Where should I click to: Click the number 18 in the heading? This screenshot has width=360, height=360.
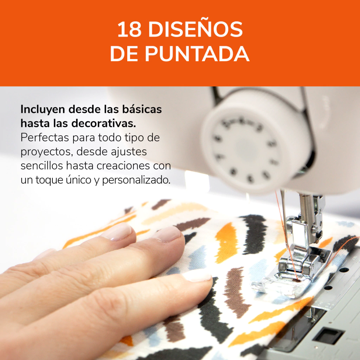point(129,30)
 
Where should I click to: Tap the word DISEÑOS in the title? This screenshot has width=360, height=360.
point(195,30)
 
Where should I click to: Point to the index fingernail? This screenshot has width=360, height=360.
point(168,234)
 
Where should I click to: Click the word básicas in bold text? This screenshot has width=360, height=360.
point(142,109)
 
